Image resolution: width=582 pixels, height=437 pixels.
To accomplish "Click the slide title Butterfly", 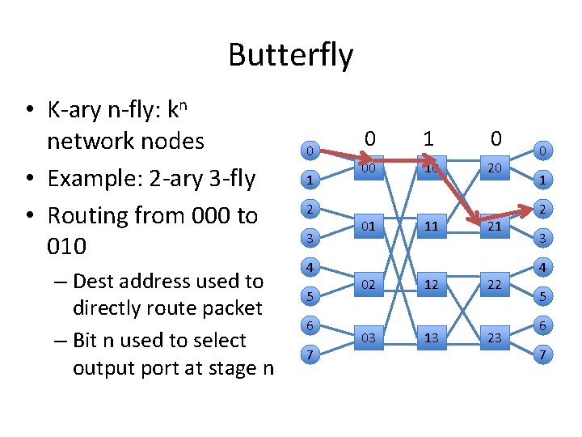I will pyautogui.click(x=290, y=55).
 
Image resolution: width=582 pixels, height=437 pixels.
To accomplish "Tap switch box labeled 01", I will pyautogui.click(x=368, y=226).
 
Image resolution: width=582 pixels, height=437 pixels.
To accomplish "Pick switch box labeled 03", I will pyautogui.click(x=368, y=337).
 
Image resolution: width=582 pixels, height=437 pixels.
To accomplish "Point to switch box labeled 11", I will pyautogui.click(x=431, y=226).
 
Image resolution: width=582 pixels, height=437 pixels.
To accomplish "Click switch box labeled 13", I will pyautogui.click(x=431, y=337).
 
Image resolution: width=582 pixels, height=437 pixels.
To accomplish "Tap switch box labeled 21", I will pyautogui.click(x=495, y=226).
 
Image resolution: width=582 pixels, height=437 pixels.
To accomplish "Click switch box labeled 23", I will pyautogui.click(x=495, y=337).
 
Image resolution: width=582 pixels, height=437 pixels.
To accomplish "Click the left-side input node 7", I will pyautogui.click(x=309, y=354).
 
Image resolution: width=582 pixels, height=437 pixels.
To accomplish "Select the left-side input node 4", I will pyautogui.click(x=309, y=266).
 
